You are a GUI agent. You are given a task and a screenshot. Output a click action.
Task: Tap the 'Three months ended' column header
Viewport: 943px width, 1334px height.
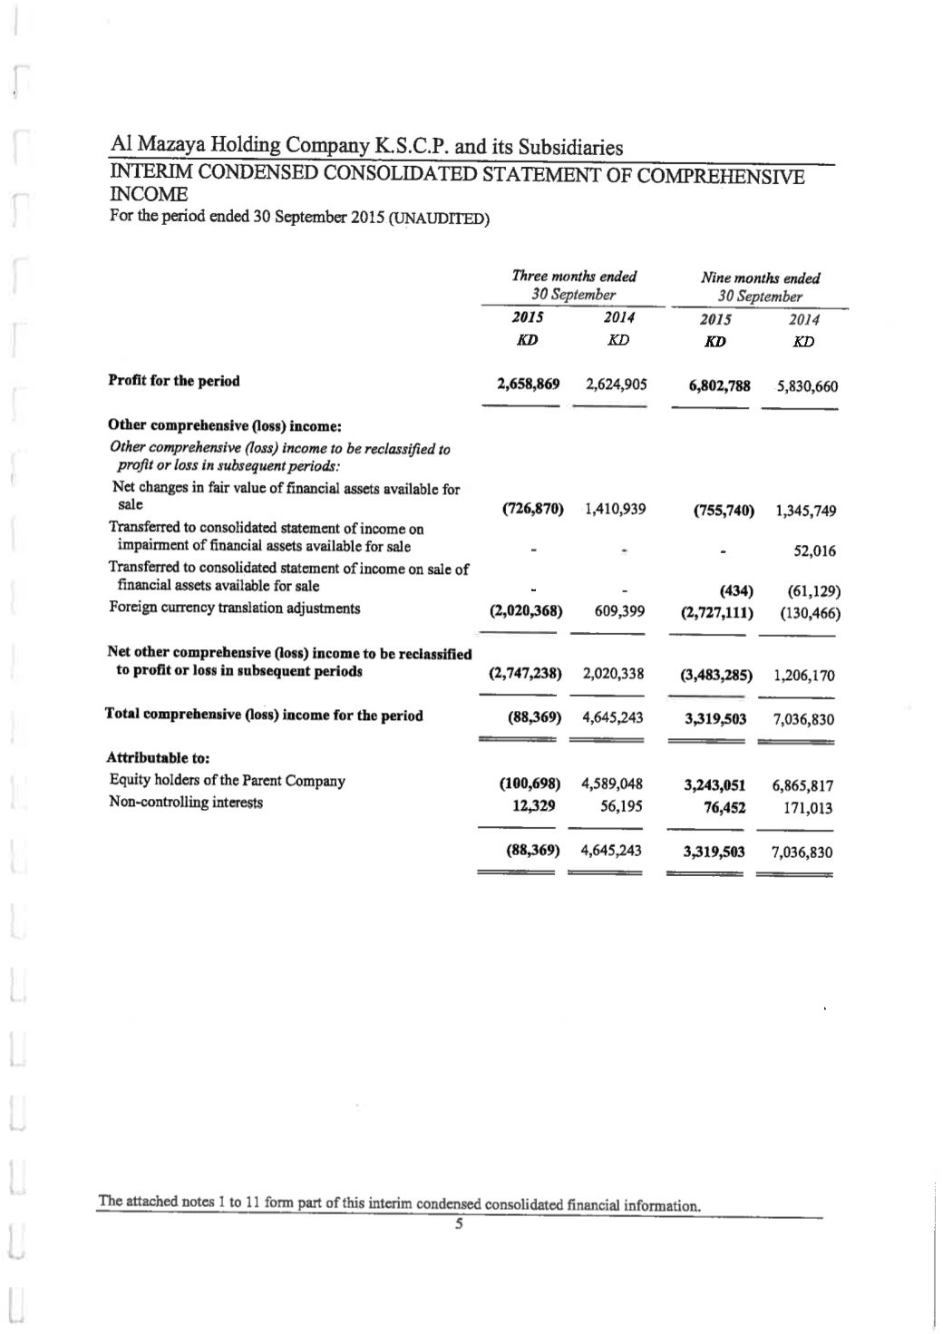click(574, 277)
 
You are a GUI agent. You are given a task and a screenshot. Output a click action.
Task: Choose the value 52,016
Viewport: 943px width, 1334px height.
click(814, 551)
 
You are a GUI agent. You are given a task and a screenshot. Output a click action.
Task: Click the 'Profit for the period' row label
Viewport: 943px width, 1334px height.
click(174, 381)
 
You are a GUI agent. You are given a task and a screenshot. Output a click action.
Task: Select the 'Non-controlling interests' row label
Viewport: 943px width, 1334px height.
click(186, 803)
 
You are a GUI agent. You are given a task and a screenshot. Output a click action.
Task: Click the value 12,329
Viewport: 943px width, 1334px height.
click(534, 805)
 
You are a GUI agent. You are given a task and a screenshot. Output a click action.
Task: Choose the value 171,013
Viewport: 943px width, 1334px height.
click(808, 808)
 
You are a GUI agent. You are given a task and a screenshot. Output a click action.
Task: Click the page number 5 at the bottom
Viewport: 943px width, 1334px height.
click(459, 1224)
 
